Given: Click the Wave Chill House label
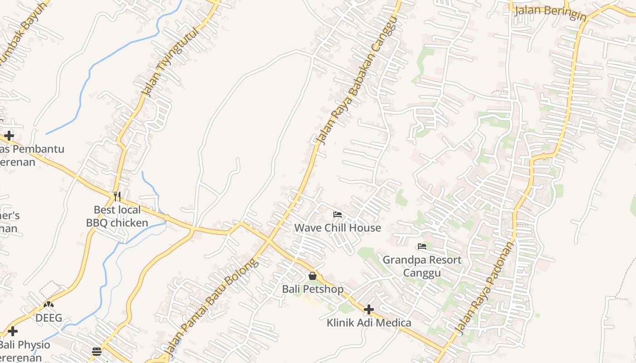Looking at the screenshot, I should click(338, 228).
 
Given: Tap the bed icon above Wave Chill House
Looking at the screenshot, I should click(337, 214).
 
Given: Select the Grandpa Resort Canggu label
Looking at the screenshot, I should click(422, 266).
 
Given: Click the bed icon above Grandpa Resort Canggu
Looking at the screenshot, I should click(422, 246).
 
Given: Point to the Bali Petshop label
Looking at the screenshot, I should click(313, 289).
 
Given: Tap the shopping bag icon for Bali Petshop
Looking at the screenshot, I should click(313, 275).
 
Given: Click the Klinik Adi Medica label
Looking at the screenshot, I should click(369, 323).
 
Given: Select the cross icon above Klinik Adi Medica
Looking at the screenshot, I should click(369, 309).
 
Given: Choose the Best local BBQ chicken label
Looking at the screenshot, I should click(117, 216).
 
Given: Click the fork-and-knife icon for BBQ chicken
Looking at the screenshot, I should click(117, 196).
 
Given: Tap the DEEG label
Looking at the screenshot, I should click(49, 318).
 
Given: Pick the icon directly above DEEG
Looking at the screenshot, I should click(49, 304).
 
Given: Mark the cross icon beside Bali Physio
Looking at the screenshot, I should click(13, 331).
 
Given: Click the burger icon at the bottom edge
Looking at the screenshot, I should click(96, 352).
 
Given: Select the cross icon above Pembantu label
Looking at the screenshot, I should click(9, 135).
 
